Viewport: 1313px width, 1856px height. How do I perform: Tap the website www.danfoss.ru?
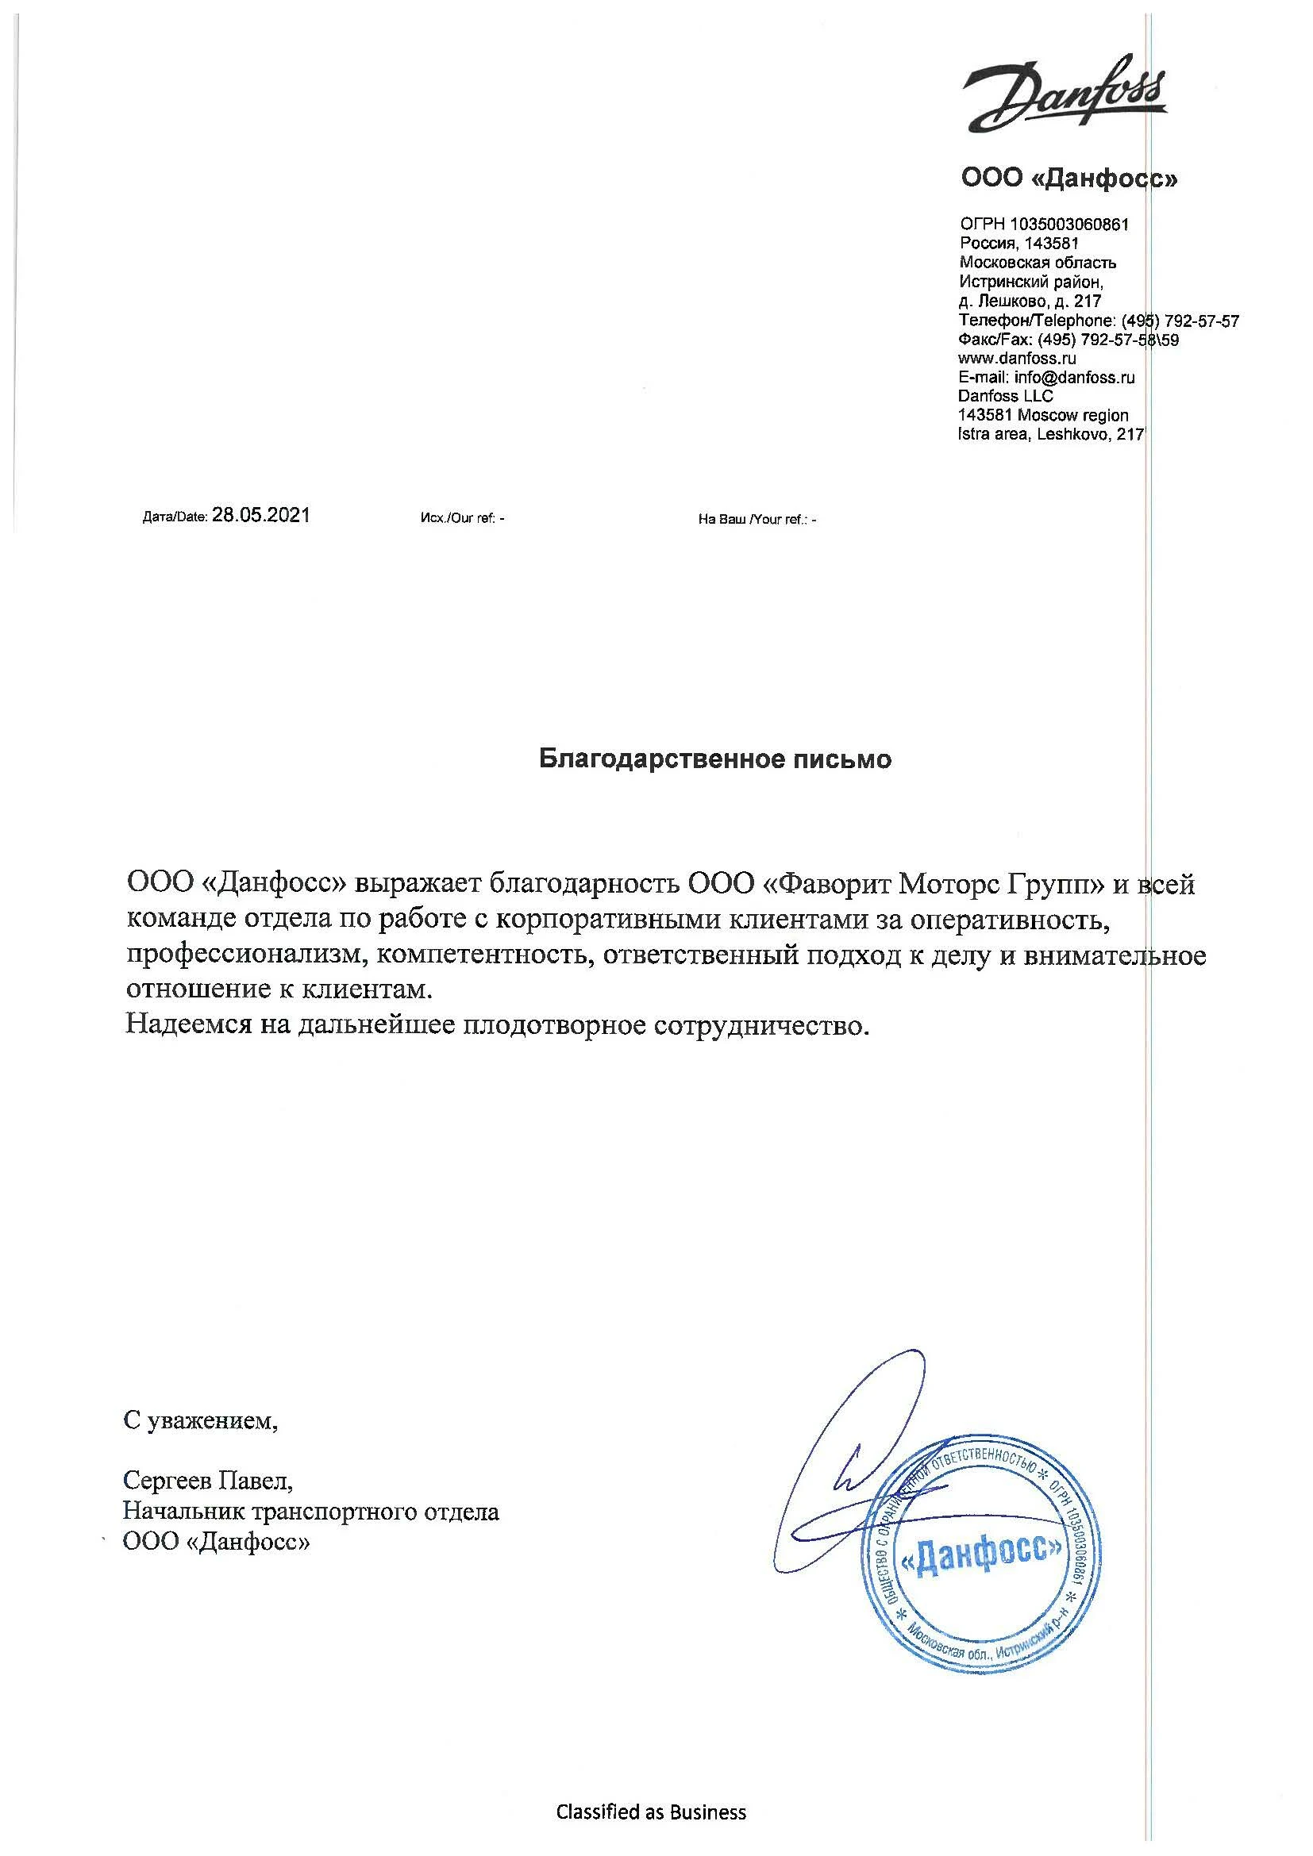[x=1016, y=358]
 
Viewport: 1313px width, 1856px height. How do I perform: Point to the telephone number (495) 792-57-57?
[x=1180, y=321]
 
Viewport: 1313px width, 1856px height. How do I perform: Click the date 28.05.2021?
[x=260, y=516]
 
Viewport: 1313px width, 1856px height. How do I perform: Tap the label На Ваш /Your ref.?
[x=752, y=520]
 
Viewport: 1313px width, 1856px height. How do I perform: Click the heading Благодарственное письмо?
[x=715, y=759]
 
